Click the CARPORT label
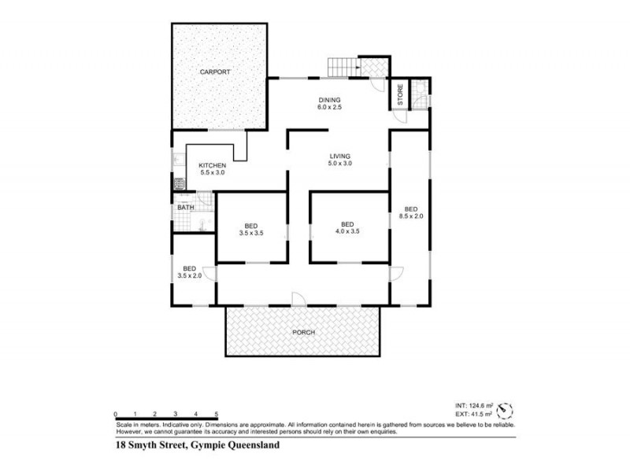(x=214, y=72)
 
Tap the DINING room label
(x=329, y=99)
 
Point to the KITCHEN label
(x=213, y=165)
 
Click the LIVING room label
(x=340, y=156)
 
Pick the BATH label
(x=186, y=208)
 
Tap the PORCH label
(x=303, y=333)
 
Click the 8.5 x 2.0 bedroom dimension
(x=411, y=215)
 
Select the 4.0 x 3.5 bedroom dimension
(x=347, y=232)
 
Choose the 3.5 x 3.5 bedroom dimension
(x=251, y=232)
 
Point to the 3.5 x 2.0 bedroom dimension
(x=190, y=275)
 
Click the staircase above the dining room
(x=343, y=68)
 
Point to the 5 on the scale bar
(x=215, y=414)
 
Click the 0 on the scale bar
(x=115, y=414)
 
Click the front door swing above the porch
(x=298, y=299)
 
